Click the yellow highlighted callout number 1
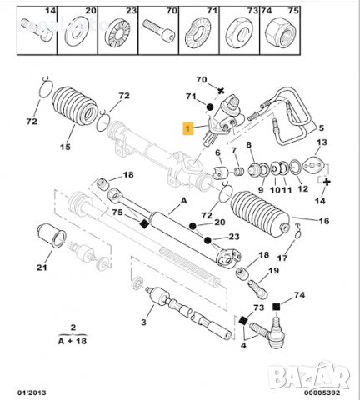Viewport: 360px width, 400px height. point(188,128)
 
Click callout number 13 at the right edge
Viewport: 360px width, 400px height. point(322,142)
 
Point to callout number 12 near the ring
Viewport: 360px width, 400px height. point(302,189)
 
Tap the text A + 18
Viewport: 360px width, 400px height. point(73,340)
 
